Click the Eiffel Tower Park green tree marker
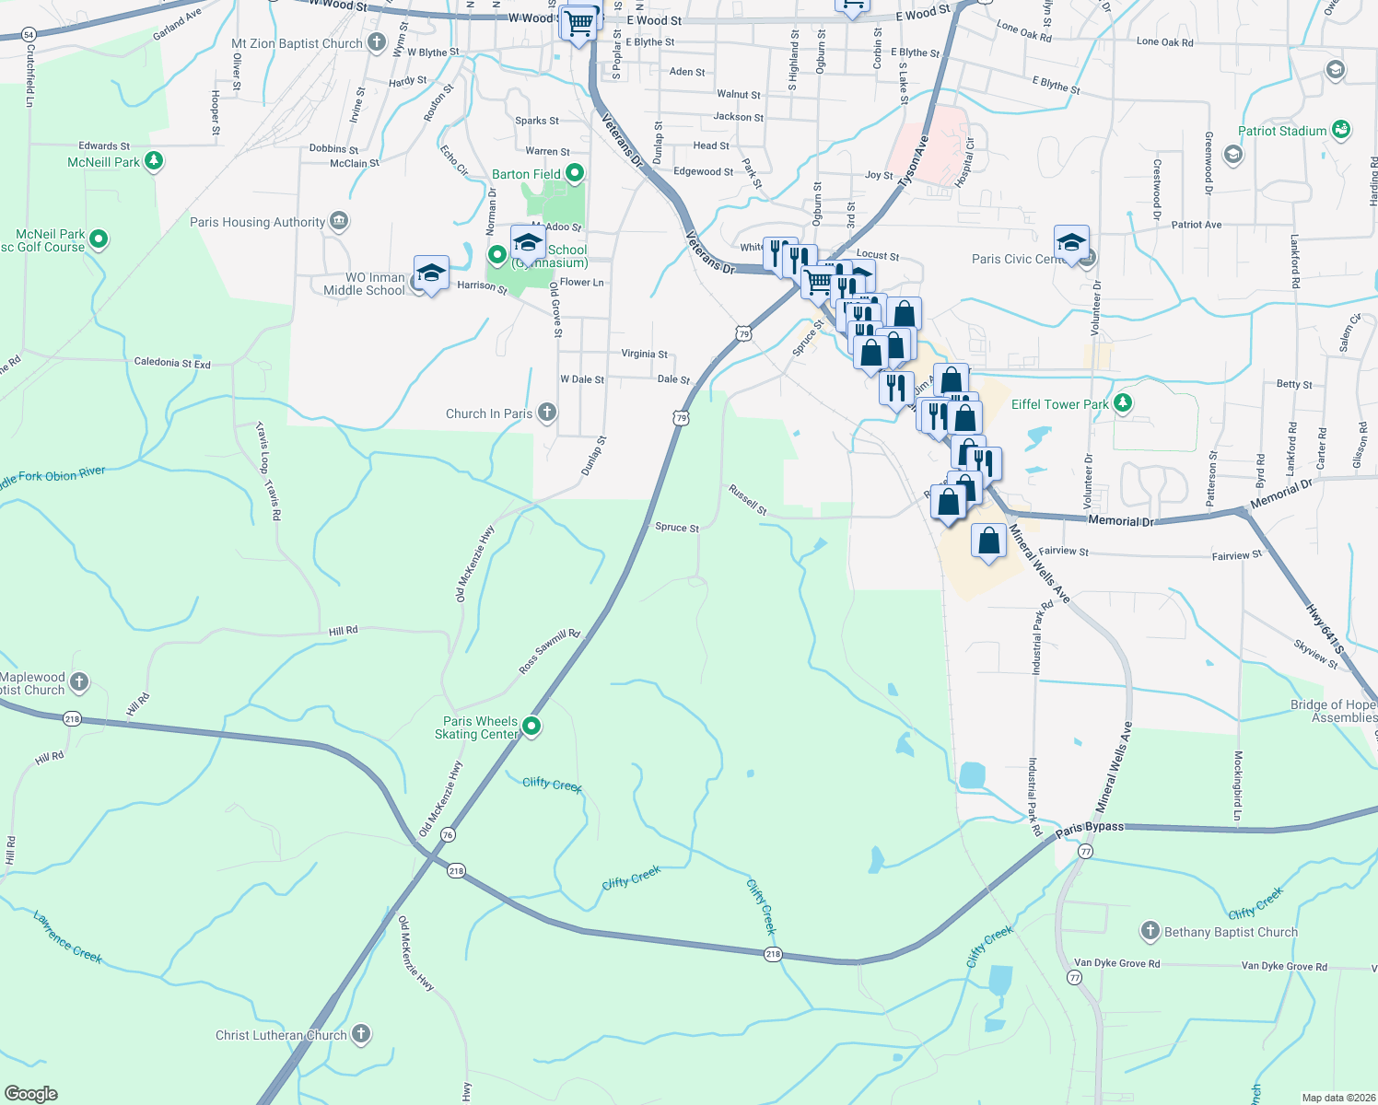(1122, 403)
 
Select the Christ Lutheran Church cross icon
(361, 1034)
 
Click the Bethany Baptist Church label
(1231, 932)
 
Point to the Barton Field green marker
(576, 173)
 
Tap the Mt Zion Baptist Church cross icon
(376, 42)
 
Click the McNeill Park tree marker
(154, 162)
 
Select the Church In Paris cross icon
(546, 413)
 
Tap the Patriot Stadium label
(1282, 131)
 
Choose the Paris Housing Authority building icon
(339, 221)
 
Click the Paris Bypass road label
(1090, 827)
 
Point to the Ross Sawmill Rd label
(549, 652)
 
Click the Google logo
(31, 1094)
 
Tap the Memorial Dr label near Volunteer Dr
(1120, 521)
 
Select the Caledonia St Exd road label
(172, 363)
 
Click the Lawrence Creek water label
(68, 936)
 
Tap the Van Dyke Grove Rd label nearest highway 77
(1116, 963)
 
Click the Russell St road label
(747, 499)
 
